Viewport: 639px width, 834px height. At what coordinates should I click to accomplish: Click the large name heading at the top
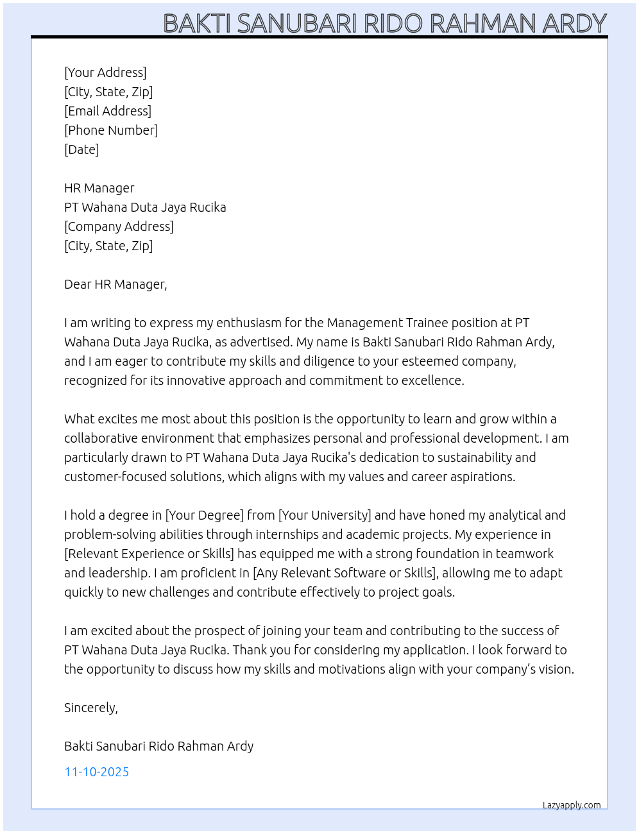click(384, 24)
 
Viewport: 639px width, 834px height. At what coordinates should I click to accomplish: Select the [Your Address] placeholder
click(105, 72)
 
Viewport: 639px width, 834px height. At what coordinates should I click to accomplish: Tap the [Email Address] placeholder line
click(108, 111)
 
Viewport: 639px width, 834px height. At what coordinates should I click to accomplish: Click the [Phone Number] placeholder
click(111, 130)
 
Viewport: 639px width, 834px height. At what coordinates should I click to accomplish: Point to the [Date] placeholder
click(81, 149)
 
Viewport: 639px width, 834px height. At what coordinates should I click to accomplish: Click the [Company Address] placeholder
click(119, 226)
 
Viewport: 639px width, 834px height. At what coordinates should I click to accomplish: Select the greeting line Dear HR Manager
click(115, 284)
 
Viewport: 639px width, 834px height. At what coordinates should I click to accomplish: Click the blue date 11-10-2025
click(97, 772)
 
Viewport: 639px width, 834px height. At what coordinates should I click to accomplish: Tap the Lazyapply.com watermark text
click(572, 805)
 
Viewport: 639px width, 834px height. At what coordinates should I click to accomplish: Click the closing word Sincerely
click(90, 708)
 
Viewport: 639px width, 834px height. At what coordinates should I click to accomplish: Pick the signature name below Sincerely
click(158, 746)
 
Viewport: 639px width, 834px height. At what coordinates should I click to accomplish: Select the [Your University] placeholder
click(325, 515)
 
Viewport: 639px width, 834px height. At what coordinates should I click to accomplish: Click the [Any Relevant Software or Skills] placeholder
click(345, 573)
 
